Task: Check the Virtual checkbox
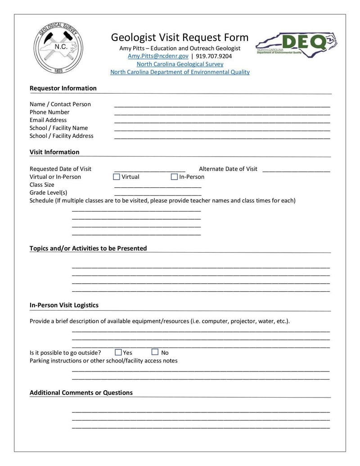pos(117,177)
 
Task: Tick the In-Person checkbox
pos(174,177)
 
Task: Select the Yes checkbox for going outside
pos(118,352)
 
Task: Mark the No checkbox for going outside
pos(155,352)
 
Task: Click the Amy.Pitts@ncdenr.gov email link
pos(158,56)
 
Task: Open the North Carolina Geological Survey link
pos(180,64)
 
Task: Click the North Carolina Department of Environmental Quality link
pos(180,72)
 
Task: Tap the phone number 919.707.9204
pos(214,56)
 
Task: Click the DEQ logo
pos(297,45)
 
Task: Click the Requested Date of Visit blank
pos(149,170)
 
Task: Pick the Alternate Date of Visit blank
pos(296,170)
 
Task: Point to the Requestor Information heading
pos(63,88)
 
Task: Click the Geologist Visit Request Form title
pos(180,37)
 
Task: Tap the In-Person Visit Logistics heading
pos(64,305)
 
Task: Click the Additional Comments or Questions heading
pos(81,393)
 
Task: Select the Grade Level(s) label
pos(48,193)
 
